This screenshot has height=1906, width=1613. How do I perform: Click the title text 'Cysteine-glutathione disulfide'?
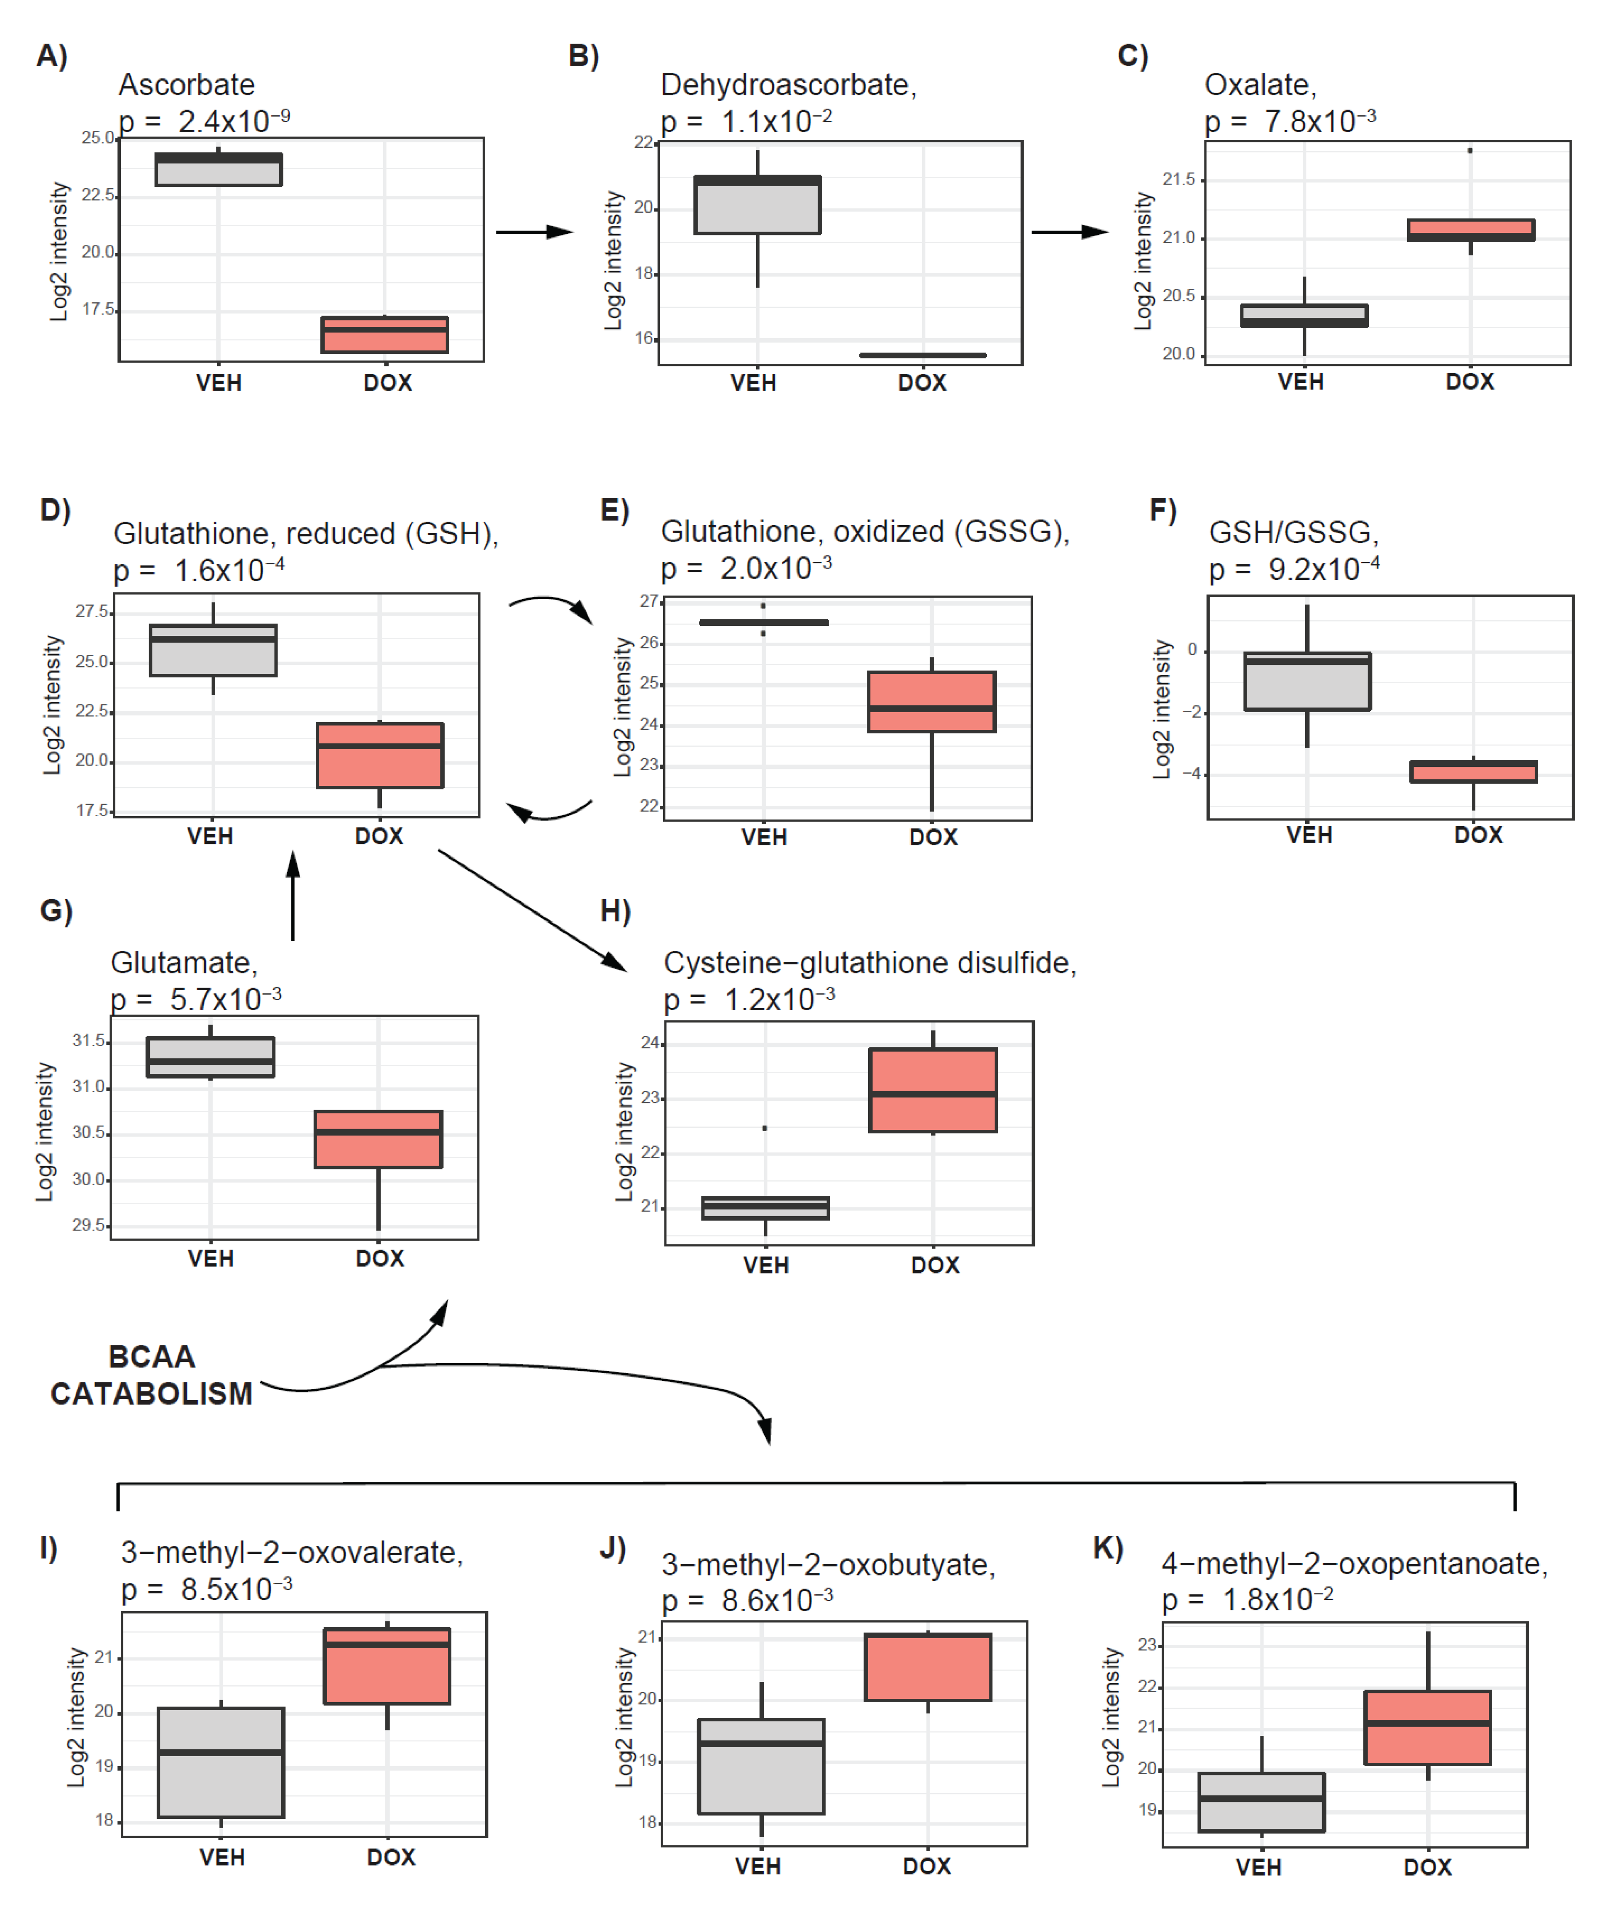click(869, 963)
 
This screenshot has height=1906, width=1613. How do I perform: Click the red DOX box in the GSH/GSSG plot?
click(1473, 772)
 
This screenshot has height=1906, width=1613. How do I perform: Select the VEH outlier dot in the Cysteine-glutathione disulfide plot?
click(765, 1129)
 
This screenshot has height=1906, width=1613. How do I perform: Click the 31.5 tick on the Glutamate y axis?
click(90, 1041)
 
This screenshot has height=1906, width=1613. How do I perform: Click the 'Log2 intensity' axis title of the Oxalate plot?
click(1143, 261)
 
